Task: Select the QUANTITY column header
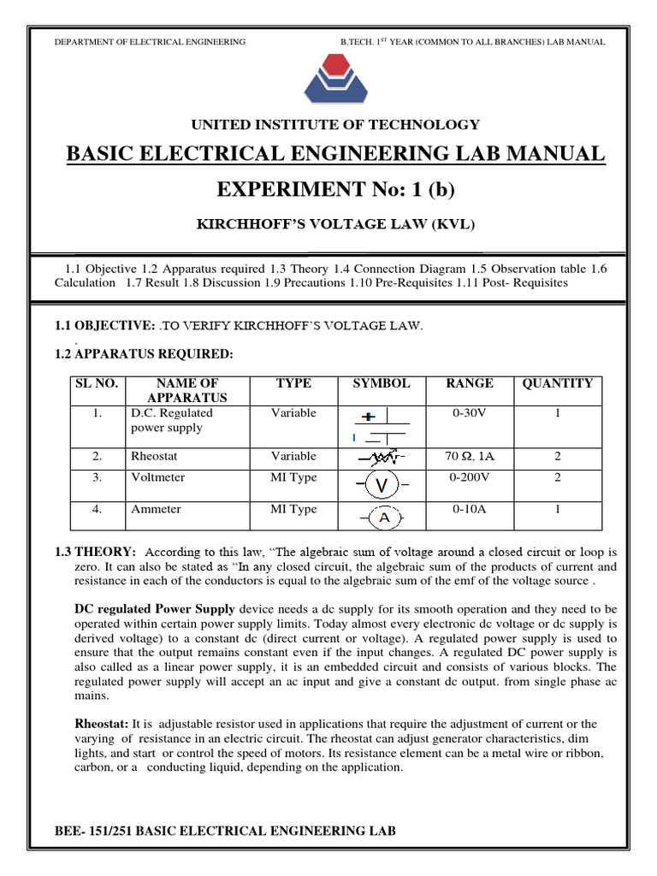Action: [x=557, y=384]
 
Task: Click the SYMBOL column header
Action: [x=381, y=384]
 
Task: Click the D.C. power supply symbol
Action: [x=379, y=427]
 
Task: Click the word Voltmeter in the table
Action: [x=157, y=478]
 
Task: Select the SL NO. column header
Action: [x=96, y=384]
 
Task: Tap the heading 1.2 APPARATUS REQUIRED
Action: [x=143, y=354]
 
